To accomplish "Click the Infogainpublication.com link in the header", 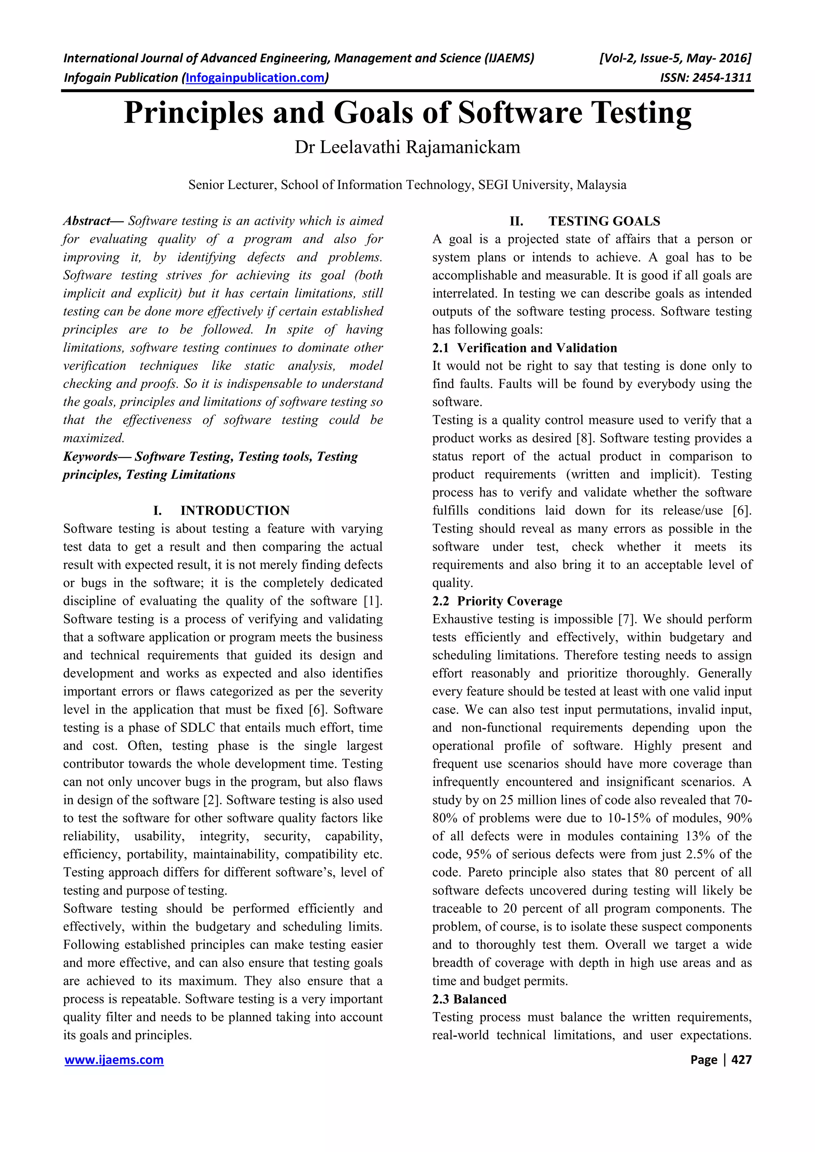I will tap(255, 78).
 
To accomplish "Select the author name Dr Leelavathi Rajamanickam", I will tap(407, 147).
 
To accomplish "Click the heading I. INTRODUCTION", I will tap(221, 510).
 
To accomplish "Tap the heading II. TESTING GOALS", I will tap(585, 221).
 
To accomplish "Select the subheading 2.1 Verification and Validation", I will tap(525, 348).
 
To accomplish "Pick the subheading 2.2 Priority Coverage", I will tap(497, 601).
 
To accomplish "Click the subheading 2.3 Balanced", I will tap(469, 999).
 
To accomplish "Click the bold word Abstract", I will tap(87, 221).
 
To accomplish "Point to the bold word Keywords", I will tap(90, 457).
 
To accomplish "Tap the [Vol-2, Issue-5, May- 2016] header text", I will tap(675, 58).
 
